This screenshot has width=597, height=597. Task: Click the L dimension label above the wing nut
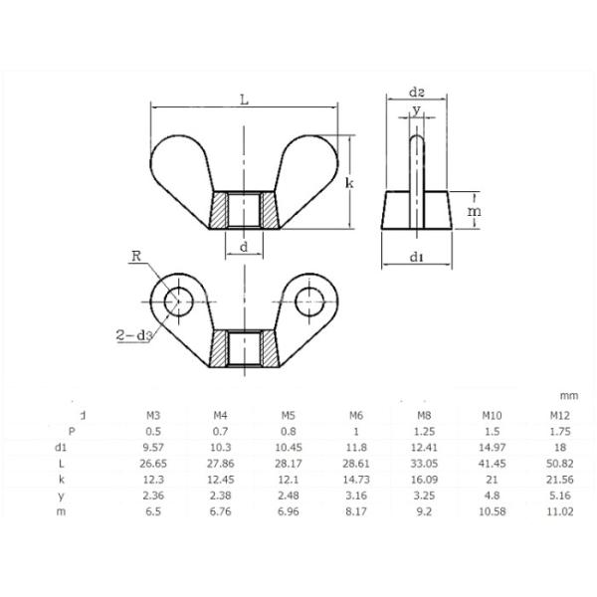click(245, 98)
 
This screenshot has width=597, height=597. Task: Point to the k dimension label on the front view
click(349, 184)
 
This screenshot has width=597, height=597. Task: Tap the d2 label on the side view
click(418, 93)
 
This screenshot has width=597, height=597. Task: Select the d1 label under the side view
click(418, 259)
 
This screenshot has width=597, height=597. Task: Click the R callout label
click(136, 256)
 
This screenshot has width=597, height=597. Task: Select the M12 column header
click(559, 415)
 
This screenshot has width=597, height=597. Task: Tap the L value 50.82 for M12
click(559, 463)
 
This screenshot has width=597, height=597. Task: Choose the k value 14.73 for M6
click(356, 479)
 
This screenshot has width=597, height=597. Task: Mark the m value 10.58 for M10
click(493, 510)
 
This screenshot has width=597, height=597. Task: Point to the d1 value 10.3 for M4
click(221, 447)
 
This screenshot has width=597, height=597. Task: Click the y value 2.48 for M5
click(289, 495)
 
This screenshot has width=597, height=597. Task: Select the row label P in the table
click(84, 431)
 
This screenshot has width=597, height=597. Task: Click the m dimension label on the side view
click(475, 212)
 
